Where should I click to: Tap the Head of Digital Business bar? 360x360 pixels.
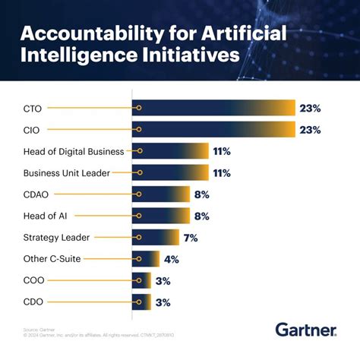click(x=170, y=151)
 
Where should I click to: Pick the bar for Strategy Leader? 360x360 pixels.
click(x=156, y=238)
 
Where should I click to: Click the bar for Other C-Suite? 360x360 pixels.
click(x=146, y=259)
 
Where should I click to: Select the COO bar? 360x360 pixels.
click(x=141, y=280)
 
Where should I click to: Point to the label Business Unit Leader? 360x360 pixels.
click(x=67, y=173)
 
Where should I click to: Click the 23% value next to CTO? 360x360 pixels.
click(x=310, y=109)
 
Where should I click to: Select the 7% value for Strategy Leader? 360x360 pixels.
click(x=190, y=238)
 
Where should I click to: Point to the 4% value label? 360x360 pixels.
click(x=172, y=259)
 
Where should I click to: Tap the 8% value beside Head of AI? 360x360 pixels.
click(x=201, y=216)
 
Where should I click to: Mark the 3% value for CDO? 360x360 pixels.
click(x=163, y=302)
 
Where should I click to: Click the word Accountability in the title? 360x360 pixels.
click(x=86, y=34)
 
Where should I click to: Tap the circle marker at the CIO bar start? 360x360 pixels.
click(x=138, y=130)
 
